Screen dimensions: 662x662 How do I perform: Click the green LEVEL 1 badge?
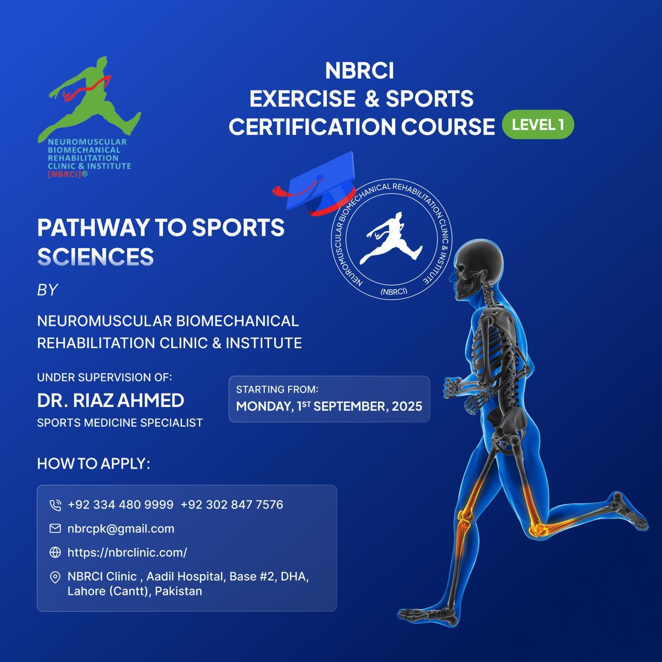pyautogui.click(x=538, y=124)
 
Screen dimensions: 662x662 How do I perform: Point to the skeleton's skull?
pyautogui.click(x=476, y=269)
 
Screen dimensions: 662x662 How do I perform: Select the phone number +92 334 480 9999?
pyautogui.click(x=121, y=505)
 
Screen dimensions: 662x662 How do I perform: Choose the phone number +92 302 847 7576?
pyautogui.click(x=232, y=505)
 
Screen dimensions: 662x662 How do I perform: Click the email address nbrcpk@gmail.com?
pyautogui.click(x=121, y=529)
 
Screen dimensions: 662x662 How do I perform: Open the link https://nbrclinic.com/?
pyautogui.click(x=127, y=552)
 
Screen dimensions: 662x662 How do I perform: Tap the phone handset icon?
pyautogui.click(x=55, y=505)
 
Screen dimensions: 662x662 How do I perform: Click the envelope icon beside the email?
pyautogui.click(x=55, y=529)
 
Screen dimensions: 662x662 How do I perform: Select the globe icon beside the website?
pyautogui.click(x=55, y=552)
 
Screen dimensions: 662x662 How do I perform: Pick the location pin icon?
pyautogui.click(x=55, y=577)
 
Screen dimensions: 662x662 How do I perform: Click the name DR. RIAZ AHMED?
pyautogui.click(x=110, y=400)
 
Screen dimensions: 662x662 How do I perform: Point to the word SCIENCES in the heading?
pyautogui.click(x=95, y=257)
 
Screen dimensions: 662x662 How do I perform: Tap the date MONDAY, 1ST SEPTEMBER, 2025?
pyautogui.click(x=329, y=406)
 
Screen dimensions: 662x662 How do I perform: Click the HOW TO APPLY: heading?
pyautogui.click(x=93, y=463)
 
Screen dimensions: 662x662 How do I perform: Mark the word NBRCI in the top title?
pyautogui.click(x=359, y=71)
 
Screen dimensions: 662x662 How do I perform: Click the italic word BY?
pyautogui.click(x=47, y=290)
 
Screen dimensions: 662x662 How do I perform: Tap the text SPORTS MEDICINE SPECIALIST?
pyautogui.click(x=119, y=423)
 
